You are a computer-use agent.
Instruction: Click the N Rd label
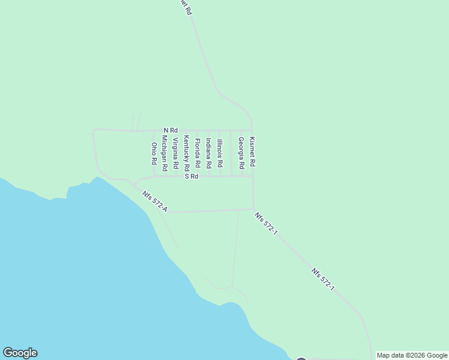(170, 130)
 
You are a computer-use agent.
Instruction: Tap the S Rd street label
(191, 176)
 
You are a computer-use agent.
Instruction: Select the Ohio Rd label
(154, 154)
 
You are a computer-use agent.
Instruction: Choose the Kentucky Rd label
(187, 154)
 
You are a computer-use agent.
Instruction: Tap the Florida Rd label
(197, 154)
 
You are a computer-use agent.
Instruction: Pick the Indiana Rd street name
(208, 153)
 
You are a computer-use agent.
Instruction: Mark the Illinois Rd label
(220, 153)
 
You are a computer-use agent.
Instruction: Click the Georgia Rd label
(241, 152)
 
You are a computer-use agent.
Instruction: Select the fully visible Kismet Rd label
(252, 151)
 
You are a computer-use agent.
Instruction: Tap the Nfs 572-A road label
(155, 202)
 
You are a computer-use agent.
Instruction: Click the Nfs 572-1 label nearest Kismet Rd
(265, 223)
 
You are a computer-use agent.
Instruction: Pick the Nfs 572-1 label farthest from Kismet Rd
(322, 280)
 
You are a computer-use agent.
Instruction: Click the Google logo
(20, 353)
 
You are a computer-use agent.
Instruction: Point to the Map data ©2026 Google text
(412, 355)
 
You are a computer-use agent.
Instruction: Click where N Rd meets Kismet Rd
(252, 130)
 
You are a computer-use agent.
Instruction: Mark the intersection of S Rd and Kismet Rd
(252, 176)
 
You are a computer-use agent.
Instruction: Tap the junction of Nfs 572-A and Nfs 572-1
(253, 209)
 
